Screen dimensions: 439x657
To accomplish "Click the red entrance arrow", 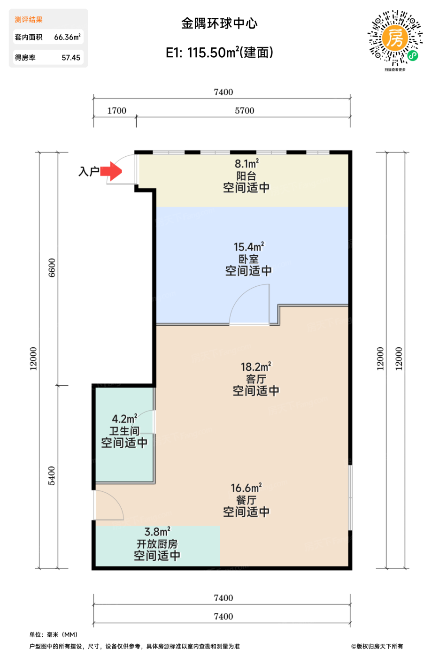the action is (x=111, y=171).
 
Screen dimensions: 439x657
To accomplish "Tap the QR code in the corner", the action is (x=395, y=38).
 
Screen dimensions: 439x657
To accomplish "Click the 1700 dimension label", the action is (x=117, y=111).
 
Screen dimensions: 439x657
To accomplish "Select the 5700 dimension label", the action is (x=245, y=111).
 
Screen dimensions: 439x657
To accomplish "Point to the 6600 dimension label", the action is (x=52, y=267).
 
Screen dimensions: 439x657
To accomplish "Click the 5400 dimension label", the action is (x=51, y=475).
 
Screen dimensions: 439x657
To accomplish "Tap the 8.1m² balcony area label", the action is (x=247, y=163).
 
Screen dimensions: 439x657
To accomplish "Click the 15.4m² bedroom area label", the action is (x=249, y=246).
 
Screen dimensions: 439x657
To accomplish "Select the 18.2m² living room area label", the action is (x=256, y=367).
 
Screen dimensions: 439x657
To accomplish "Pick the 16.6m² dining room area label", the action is (x=246, y=488).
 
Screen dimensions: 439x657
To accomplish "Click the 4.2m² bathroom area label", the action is (x=124, y=418).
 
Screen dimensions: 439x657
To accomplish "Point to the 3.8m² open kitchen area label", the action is (x=157, y=531).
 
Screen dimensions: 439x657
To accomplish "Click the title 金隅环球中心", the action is (x=219, y=23).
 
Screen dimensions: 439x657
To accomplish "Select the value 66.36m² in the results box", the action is (x=67, y=37).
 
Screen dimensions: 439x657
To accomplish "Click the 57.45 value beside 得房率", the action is (x=71, y=57).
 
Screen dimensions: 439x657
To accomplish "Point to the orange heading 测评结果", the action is (x=29, y=20).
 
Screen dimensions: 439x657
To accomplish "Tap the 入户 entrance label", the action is (x=89, y=171).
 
